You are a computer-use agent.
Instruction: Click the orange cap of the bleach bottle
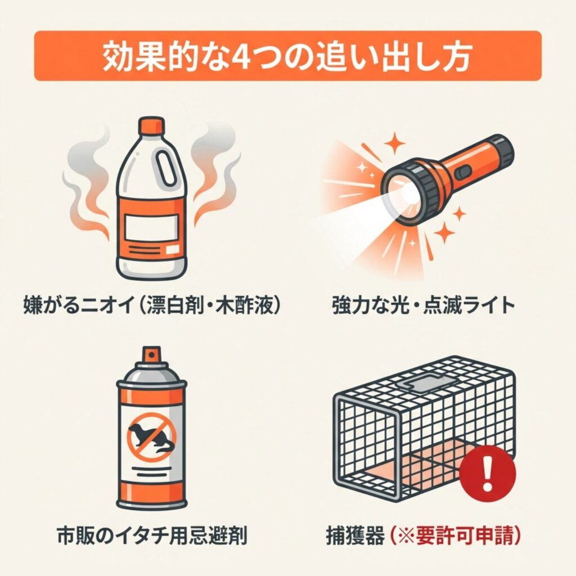coord(151,126)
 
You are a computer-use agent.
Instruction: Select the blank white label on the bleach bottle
coord(151,228)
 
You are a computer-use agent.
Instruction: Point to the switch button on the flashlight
coord(463,171)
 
